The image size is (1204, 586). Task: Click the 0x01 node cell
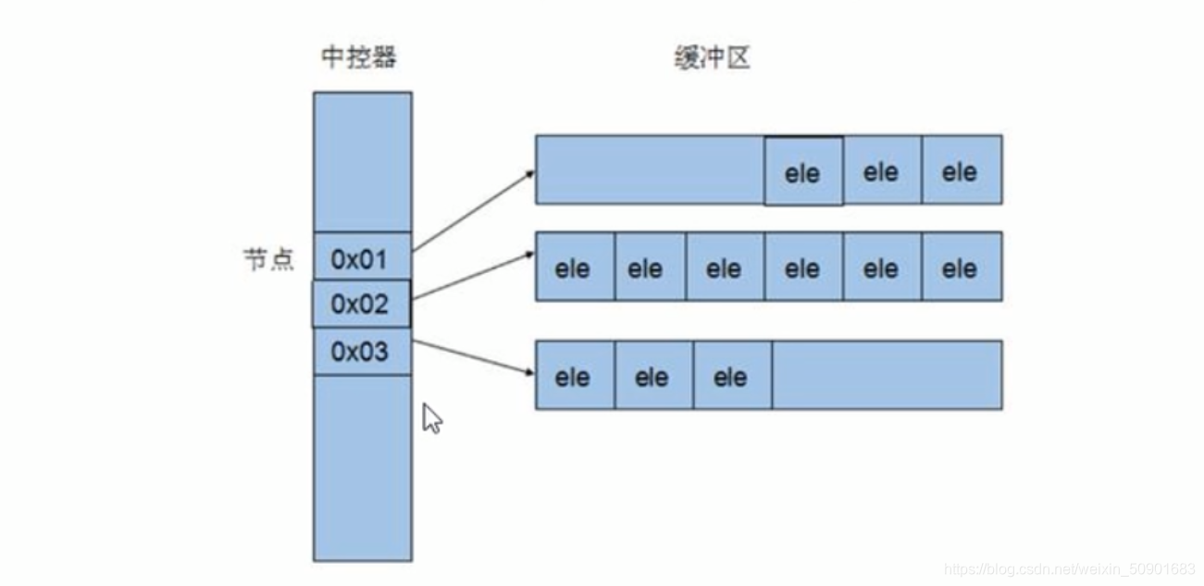point(361,258)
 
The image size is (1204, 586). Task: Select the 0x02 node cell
point(361,305)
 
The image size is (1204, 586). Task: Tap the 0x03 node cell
point(361,352)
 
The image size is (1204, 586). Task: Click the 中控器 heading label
point(359,58)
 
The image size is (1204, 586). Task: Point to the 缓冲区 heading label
point(711,58)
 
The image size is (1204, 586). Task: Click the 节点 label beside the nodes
point(268,259)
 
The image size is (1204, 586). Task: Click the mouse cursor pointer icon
point(431,418)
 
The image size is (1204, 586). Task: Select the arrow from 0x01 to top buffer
point(474,210)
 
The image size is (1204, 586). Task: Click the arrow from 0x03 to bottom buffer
point(474,357)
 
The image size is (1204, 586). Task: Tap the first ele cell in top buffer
point(802,172)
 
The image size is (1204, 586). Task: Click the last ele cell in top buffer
point(961,170)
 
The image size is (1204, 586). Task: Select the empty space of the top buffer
point(650,170)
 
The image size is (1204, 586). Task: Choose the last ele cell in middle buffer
point(961,268)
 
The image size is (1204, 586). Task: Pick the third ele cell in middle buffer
point(724,268)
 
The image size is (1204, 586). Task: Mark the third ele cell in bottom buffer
point(731,376)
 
